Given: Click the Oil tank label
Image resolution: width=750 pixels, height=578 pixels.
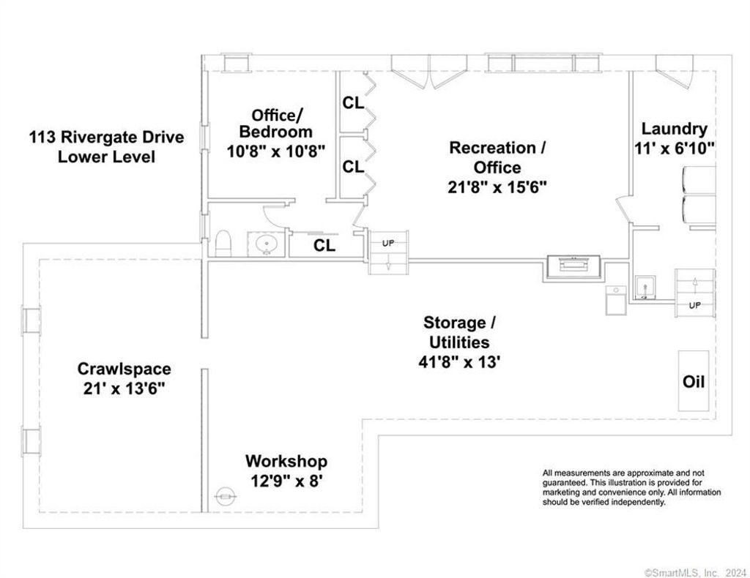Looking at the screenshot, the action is [x=694, y=382].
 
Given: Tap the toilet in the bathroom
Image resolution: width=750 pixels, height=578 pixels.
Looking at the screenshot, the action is [x=223, y=244].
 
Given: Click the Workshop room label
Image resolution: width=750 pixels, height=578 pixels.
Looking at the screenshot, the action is [x=286, y=461].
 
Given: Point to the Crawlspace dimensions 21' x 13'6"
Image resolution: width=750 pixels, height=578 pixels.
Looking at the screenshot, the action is [x=124, y=389].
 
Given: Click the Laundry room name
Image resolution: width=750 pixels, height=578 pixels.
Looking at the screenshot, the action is [x=674, y=129].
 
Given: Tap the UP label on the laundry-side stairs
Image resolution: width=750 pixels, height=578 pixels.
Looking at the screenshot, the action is [x=694, y=305].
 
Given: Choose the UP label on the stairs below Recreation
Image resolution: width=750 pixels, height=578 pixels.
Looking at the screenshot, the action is [x=388, y=243].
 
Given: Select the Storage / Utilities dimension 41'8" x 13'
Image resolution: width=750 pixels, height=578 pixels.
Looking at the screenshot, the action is [x=459, y=362].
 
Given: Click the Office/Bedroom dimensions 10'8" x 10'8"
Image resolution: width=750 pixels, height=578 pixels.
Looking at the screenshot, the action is [x=276, y=151].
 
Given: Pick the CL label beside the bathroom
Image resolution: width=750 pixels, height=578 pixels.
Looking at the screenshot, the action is [x=324, y=245].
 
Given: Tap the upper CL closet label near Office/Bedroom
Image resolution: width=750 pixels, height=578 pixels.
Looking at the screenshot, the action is [x=353, y=102].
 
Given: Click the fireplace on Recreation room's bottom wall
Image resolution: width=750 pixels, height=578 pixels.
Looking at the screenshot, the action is [x=574, y=267].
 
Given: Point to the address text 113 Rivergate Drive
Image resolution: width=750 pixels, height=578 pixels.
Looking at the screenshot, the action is [x=107, y=137].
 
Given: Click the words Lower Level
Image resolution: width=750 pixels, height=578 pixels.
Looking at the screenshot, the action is [x=107, y=157].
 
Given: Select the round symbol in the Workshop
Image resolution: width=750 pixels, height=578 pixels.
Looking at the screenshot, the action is [x=225, y=497].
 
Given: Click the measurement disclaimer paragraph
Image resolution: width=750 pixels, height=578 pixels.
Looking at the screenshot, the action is [x=631, y=487].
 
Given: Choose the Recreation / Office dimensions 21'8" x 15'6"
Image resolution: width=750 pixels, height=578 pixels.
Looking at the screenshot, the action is [x=497, y=187].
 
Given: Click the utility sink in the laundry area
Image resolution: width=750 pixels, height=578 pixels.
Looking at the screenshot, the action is [x=645, y=288].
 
